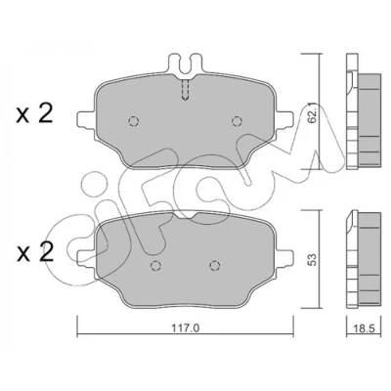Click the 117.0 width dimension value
tap(185, 328)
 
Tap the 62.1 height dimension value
tap(313, 114)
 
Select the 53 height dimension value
tap(312, 260)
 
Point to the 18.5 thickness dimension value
tap(364, 328)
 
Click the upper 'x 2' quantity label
tap(34, 114)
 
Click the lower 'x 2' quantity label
tap(35, 252)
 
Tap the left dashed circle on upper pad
tap(134, 121)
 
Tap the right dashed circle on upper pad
tap(237, 121)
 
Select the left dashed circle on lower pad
tap(155, 266)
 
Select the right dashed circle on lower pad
tap(214, 266)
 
